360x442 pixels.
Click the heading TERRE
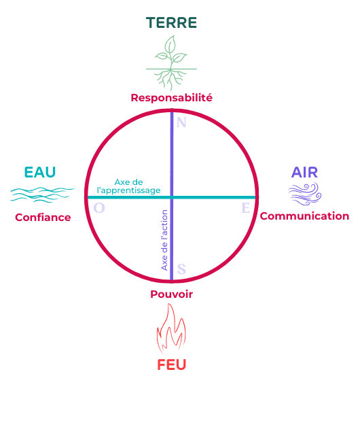tap(171, 22)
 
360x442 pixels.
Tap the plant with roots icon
tap(171, 63)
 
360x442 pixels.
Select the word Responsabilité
tap(171, 97)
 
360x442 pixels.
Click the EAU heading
tap(40, 172)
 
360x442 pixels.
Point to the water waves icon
tap(42, 194)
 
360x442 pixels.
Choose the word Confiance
tap(43, 218)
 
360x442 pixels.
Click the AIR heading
tap(304, 172)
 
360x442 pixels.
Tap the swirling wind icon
tap(305, 194)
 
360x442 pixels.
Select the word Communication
tap(304, 216)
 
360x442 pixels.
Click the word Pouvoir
tap(171, 294)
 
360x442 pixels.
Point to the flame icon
tap(171, 328)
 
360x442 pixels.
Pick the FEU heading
tap(171, 364)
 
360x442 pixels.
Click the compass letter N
tap(181, 122)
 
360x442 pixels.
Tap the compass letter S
tap(181, 269)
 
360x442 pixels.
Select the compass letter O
tap(99, 208)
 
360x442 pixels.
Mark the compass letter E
tap(246, 208)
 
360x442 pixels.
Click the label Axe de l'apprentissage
tap(128, 186)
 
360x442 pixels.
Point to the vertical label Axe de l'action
tap(164, 240)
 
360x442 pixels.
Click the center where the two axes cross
tap(172, 197)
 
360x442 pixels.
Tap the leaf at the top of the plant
tap(170, 44)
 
